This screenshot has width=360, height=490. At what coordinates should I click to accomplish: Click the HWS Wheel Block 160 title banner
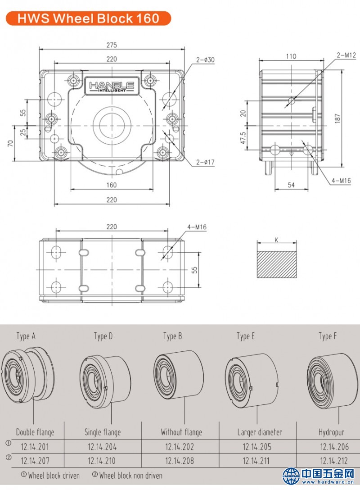tap(88, 18)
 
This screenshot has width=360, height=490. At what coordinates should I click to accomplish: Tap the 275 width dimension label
tap(112, 45)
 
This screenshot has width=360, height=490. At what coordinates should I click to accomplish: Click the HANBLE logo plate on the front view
tap(111, 86)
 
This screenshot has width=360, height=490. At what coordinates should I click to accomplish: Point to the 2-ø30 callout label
tap(205, 59)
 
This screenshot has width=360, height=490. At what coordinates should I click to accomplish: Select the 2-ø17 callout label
tap(205, 162)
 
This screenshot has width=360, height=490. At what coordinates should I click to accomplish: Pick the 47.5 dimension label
tap(243, 138)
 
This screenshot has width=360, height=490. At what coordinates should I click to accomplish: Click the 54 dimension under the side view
tap(291, 185)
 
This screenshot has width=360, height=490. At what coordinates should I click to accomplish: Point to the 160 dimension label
tap(112, 185)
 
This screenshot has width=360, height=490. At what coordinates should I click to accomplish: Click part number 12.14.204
tap(103, 447)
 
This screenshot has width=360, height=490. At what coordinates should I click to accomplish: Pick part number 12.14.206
tap(334, 447)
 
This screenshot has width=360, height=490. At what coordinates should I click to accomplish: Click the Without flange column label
tap(181, 432)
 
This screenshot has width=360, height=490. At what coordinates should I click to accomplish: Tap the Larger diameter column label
tap(260, 432)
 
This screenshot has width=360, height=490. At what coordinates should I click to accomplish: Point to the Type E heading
tap(246, 336)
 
